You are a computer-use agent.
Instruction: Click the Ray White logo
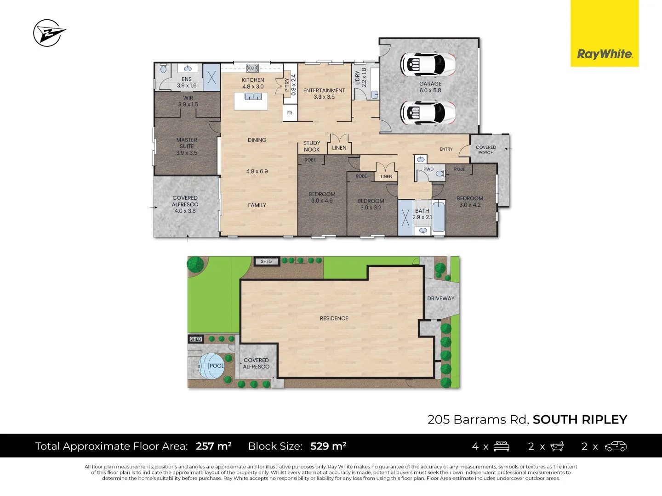point(605,54)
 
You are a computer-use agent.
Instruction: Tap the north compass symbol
point(48,33)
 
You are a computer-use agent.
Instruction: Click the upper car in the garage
point(428,64)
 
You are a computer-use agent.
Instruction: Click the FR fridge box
point(290,113)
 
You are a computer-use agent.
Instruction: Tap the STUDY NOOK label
point(312,147)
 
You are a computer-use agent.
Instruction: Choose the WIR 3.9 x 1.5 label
point(188,101)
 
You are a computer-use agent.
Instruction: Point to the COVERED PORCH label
point(486,150)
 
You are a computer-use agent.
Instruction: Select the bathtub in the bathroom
point(439,216)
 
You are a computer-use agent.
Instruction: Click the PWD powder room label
point(428,169)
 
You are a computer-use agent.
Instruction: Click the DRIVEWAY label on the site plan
point(440,299)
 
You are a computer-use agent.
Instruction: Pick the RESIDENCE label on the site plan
point(334,318)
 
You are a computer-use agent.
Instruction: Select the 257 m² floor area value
point(213,446)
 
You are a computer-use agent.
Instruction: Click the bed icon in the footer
point(501,446)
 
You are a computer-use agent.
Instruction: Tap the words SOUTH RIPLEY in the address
point(580,420)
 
